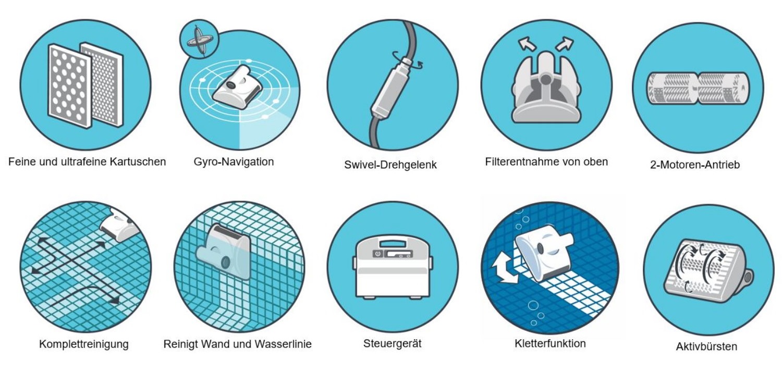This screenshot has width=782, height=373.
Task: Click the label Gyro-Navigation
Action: click(234, 162)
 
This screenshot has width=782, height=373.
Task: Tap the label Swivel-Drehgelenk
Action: click(390, 165)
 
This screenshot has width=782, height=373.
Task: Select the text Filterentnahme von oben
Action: click(546, 161)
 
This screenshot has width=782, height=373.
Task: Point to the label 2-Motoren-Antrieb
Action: click(695, 164)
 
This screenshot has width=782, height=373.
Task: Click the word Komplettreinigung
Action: click(84, 344)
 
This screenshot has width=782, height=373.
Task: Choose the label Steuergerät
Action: click(393, 343)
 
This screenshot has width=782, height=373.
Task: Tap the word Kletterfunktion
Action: click(550, 343)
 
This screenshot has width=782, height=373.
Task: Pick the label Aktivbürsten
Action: click(706, 346)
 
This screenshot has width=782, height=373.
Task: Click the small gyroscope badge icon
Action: click(199, 39)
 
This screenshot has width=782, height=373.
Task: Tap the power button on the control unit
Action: click(377, 254)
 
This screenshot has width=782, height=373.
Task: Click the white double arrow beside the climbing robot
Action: click(503, 268)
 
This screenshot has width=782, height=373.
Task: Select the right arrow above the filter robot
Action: click(565, 44)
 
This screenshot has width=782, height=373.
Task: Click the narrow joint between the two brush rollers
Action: click(698, 89)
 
